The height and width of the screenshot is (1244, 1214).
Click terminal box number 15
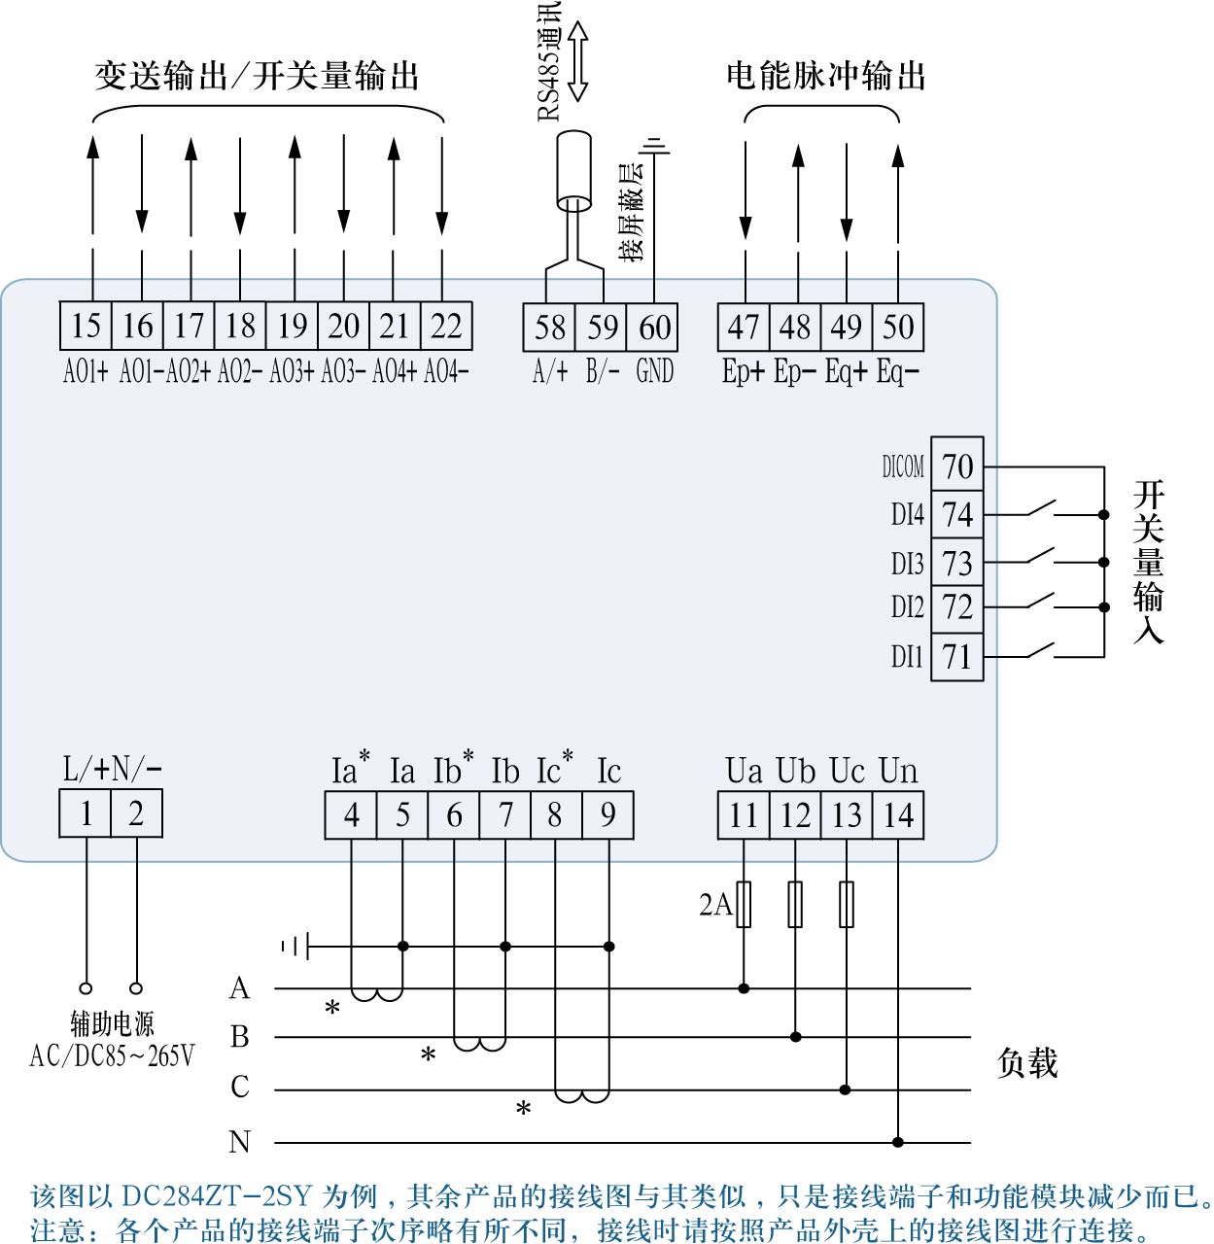(86, 326)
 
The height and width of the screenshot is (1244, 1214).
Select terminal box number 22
(446, 326)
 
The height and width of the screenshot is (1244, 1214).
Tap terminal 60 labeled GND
(654, 328)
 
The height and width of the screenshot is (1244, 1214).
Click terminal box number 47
(744, 328)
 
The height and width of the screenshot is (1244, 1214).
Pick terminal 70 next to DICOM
(957, 466)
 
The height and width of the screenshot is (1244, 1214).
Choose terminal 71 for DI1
(957, 657)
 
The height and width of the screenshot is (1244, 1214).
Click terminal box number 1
(86, 813)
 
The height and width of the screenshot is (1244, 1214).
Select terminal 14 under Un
(898, 814)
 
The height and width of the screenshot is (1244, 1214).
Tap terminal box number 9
(607, 814)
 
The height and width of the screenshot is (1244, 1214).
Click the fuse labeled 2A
(744, 904)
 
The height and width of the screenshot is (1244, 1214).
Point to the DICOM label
(903, 467)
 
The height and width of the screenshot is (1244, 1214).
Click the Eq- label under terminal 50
(897, 372)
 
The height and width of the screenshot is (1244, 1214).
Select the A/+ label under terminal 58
(550, 372)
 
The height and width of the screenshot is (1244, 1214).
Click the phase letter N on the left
(239, 1142)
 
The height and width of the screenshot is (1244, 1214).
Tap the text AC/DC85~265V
(112, 1056)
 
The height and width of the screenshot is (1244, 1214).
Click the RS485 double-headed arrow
(577, 61)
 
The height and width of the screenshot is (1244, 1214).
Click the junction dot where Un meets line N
(898, 1142)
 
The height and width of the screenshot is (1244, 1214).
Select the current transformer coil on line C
(582, 1096)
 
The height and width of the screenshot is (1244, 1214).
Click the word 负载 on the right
(1026, 1063)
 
